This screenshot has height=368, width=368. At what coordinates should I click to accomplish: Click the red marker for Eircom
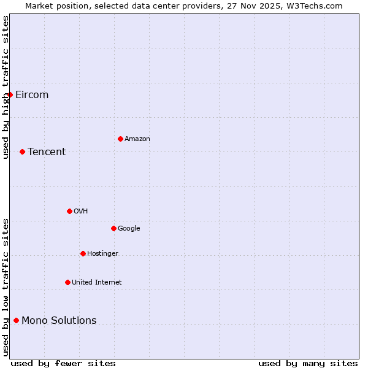10,94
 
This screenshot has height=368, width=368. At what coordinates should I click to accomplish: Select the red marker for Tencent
22,151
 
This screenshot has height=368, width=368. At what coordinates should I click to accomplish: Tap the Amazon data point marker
120,139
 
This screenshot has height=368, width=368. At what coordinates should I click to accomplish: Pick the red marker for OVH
69,211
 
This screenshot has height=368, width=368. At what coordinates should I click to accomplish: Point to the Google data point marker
113,228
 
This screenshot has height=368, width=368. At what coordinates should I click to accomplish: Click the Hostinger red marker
83,253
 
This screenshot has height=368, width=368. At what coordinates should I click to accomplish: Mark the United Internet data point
67,282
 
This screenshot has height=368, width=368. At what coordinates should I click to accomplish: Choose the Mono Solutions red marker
16,320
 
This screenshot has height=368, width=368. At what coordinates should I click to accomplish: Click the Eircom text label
32,94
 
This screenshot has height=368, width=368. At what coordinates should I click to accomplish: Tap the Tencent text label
47,151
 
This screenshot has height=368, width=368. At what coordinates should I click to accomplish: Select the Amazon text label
137,139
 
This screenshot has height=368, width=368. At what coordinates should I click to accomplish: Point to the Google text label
129,228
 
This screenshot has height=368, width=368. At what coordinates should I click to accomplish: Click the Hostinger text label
102,253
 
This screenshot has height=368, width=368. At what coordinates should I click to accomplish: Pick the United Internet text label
96,282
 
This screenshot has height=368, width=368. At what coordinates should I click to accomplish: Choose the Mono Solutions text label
59,320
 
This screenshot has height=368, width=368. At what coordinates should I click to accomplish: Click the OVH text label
80,211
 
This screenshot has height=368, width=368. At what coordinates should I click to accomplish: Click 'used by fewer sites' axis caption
63,363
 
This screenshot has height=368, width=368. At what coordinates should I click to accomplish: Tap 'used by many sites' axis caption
308,363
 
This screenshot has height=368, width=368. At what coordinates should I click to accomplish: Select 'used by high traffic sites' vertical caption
6,87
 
